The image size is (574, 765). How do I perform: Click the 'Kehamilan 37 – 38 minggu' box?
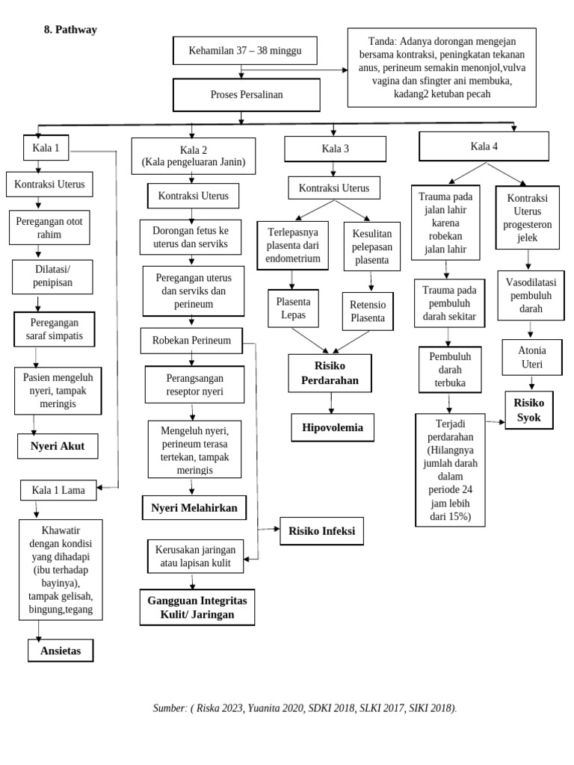[x=245, y=51]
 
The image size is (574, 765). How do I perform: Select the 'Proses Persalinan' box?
[x=247, y=96]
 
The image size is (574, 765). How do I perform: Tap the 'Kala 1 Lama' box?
[x=58, y=491]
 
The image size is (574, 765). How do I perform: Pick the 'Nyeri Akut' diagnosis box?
[x=58, y=447]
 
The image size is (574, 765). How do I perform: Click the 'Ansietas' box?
[x=61, y=651]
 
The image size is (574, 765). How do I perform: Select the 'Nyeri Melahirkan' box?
[x=194, y=508]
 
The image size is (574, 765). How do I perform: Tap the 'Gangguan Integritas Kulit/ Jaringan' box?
[x=197, y=607]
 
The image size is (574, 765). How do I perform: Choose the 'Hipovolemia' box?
[x=333, y=427]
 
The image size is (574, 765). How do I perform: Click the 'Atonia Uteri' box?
[x=531, y=358]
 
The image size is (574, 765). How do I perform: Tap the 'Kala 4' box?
[x=484, y=146]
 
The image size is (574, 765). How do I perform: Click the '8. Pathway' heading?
[x=70, y=30]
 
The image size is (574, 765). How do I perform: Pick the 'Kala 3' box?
[x=335, y=149]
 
